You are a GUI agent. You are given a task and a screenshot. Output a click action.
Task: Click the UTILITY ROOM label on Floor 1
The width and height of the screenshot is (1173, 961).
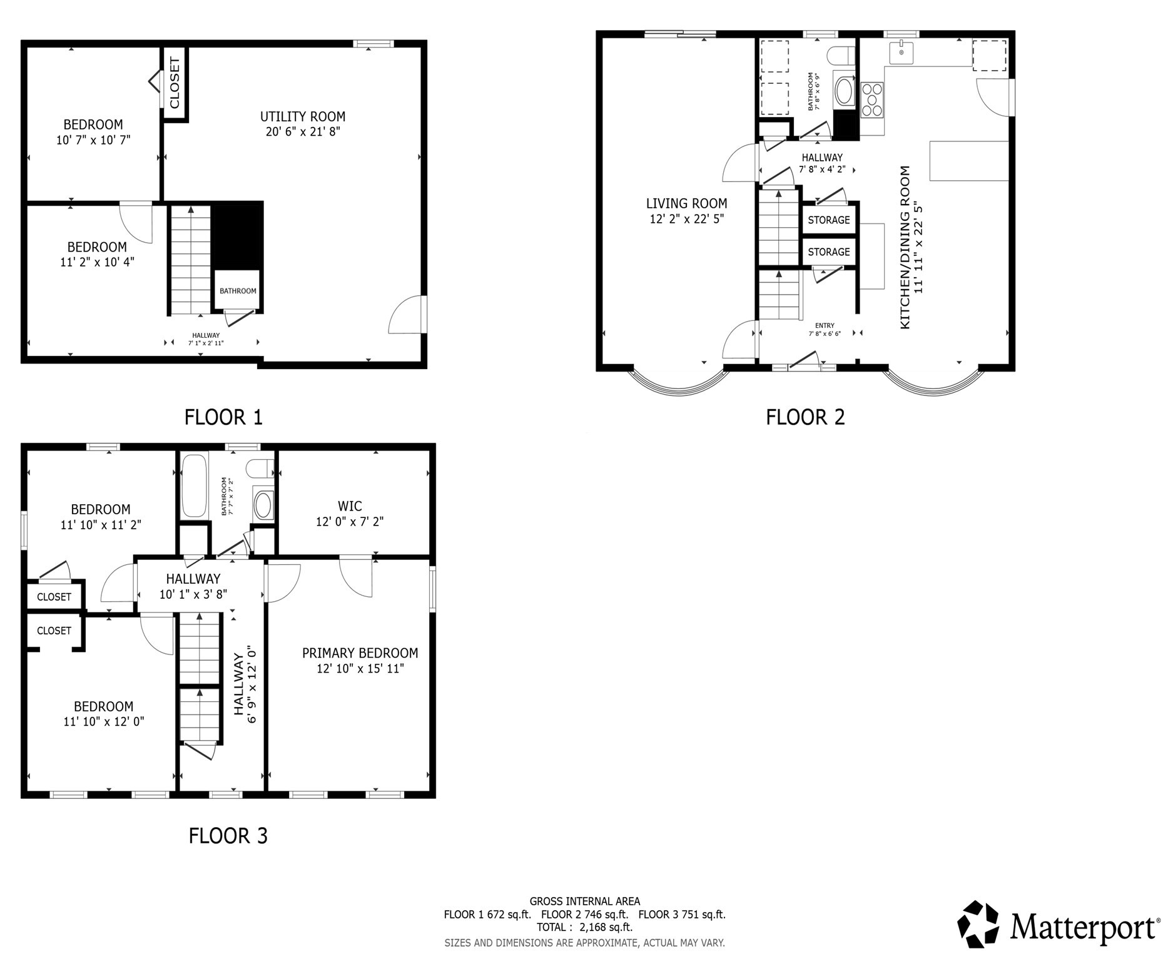click(x=303, y=117)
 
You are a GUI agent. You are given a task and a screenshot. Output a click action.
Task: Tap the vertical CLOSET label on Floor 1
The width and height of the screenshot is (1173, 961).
click(x=175, y=83)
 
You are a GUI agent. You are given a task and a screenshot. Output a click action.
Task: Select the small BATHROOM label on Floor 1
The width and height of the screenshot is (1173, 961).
click(x=238, y=291)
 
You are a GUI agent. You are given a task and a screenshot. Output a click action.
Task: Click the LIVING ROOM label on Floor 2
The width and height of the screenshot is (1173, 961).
click(x=686, y=203)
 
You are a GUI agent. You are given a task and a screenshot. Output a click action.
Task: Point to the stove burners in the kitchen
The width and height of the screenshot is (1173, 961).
click(x=871, y=100)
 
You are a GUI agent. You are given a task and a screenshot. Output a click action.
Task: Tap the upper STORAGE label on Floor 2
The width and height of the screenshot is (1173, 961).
click(x=828, y=220)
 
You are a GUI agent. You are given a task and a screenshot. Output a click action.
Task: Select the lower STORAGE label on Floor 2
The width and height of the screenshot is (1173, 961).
click(x=828, y=252)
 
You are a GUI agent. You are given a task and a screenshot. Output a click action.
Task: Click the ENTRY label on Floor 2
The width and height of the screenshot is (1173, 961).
click(x=825, y=325)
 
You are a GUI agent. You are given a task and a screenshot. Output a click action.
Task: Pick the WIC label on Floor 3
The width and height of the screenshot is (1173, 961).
click(x=350, y=506)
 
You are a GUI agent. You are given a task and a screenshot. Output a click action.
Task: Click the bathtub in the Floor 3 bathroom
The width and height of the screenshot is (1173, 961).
click(x=194, y=486)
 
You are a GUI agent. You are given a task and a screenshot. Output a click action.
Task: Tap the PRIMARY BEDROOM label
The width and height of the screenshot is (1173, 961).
click(x=360, y=653)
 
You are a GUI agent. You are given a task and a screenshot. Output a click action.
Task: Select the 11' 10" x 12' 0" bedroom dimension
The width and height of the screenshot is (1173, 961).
click(x=104, y=721)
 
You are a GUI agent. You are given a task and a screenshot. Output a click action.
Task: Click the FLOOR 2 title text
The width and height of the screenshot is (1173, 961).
click(x=805, y=417)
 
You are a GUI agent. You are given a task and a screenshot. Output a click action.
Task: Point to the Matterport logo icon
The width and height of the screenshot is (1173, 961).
click(x=979, y=924)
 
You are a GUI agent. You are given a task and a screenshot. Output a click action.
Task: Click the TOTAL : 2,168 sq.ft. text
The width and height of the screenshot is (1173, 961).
click(x=584, y=927)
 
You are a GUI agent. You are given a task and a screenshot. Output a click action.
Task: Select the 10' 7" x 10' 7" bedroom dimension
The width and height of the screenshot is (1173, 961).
click(x=93, y=140)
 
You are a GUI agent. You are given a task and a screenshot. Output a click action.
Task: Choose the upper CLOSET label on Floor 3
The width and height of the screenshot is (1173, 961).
click(x=54, y=597)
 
